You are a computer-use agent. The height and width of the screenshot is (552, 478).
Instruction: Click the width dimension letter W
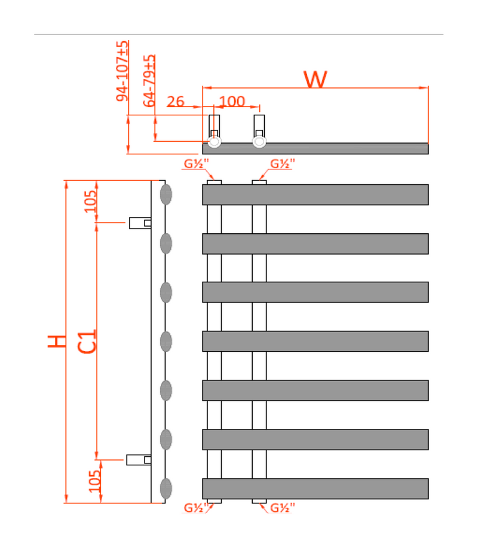coord(315,79)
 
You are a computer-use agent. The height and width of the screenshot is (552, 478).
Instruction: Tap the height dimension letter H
coord(57,341)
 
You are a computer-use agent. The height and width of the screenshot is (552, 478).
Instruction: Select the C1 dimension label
coord(88,341)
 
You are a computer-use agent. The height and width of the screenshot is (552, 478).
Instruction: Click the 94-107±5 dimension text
coord(122,71)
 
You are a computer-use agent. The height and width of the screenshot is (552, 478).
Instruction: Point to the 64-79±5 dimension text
coord(150,81)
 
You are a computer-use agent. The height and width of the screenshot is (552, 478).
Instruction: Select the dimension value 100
coord(232,101)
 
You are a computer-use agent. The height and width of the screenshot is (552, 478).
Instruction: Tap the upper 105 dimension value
coord(90,201)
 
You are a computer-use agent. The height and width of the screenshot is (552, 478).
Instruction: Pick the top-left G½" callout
coord(196,164)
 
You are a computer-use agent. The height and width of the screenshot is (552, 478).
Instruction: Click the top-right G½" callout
coord(283,164)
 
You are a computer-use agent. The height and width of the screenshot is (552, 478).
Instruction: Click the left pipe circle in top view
coord(214,142)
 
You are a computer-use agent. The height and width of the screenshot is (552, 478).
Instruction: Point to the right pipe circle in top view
coord(259,142)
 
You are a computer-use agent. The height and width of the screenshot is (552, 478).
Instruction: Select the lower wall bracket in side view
coord(138,459)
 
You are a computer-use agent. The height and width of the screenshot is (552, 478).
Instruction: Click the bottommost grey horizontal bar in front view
coord(315,489)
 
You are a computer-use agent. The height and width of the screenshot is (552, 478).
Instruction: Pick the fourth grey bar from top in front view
coord(315,341)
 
